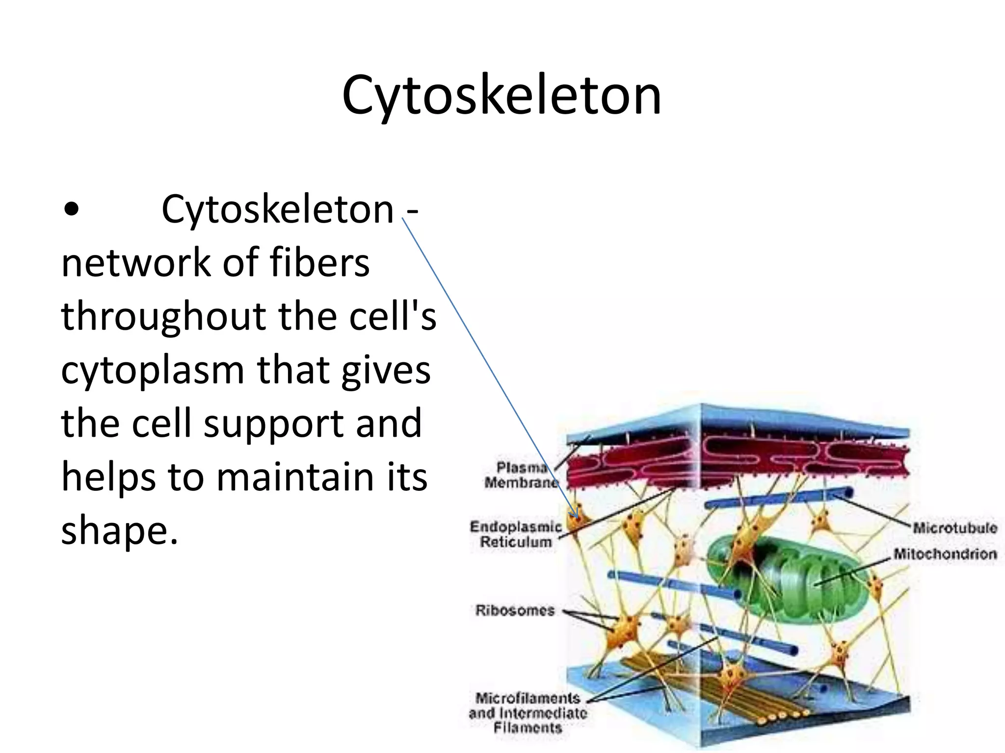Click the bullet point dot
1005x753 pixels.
point(72,210)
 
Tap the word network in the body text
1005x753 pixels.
point(137,263)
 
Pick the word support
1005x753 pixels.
point(276,424)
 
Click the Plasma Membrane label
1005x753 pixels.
point(521,475)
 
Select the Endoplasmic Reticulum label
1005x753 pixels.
point(516,534)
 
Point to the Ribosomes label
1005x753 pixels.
point(515,610)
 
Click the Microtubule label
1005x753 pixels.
point(955,528)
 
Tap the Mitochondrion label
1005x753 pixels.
point(945,554)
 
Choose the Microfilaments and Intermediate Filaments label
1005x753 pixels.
point(528,712)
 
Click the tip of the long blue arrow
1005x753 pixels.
point(577,519)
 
